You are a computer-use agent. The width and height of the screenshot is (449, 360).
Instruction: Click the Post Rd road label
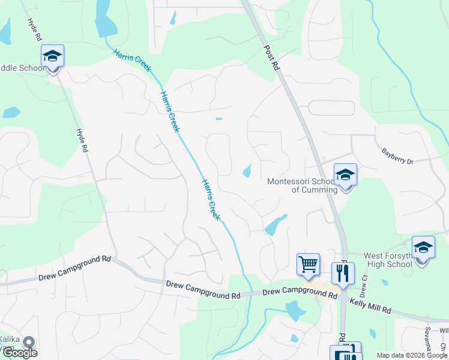pyautogui.click(x=272, y=57)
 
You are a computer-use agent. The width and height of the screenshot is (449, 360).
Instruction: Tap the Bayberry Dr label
pyautogui.click(x=397, y=157)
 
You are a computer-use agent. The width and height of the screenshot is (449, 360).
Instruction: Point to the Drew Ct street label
pyautogui.click(x=363, y=286)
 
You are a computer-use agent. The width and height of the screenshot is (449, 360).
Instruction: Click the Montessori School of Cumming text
pyautogui.click(x=302, y=185)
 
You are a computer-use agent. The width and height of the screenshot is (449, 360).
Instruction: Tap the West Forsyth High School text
pyautogui.click(x=388, y=260)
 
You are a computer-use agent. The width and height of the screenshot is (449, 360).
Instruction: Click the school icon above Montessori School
pyautogui.click(x=345, y=175)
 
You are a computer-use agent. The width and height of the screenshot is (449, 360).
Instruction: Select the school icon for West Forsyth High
pyautogui.click(x=423, y=248)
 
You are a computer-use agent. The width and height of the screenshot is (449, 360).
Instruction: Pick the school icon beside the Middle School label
pyautogui.click(x=52, y=56)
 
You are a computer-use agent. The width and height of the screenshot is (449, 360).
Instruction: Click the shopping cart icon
pyautogui.click(x=308, y=264)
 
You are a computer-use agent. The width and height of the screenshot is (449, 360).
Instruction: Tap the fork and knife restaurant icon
pyautogui.click(x=343, y=274)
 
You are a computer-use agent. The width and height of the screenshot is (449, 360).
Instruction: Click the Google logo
pyautogui.click(x=19, y=353)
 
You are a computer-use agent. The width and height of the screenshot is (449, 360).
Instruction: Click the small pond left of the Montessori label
pyautogui.click(x=247, y=172)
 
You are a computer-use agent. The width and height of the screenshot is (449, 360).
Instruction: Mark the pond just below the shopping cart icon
pyautogui.click(x=295, y=311)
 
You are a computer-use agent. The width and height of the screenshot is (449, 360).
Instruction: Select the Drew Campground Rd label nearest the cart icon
pyautogui.click(x=300, y=292)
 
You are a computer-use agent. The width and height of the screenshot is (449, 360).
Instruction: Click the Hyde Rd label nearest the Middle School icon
pyautogui.click(x=34, y=29)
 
